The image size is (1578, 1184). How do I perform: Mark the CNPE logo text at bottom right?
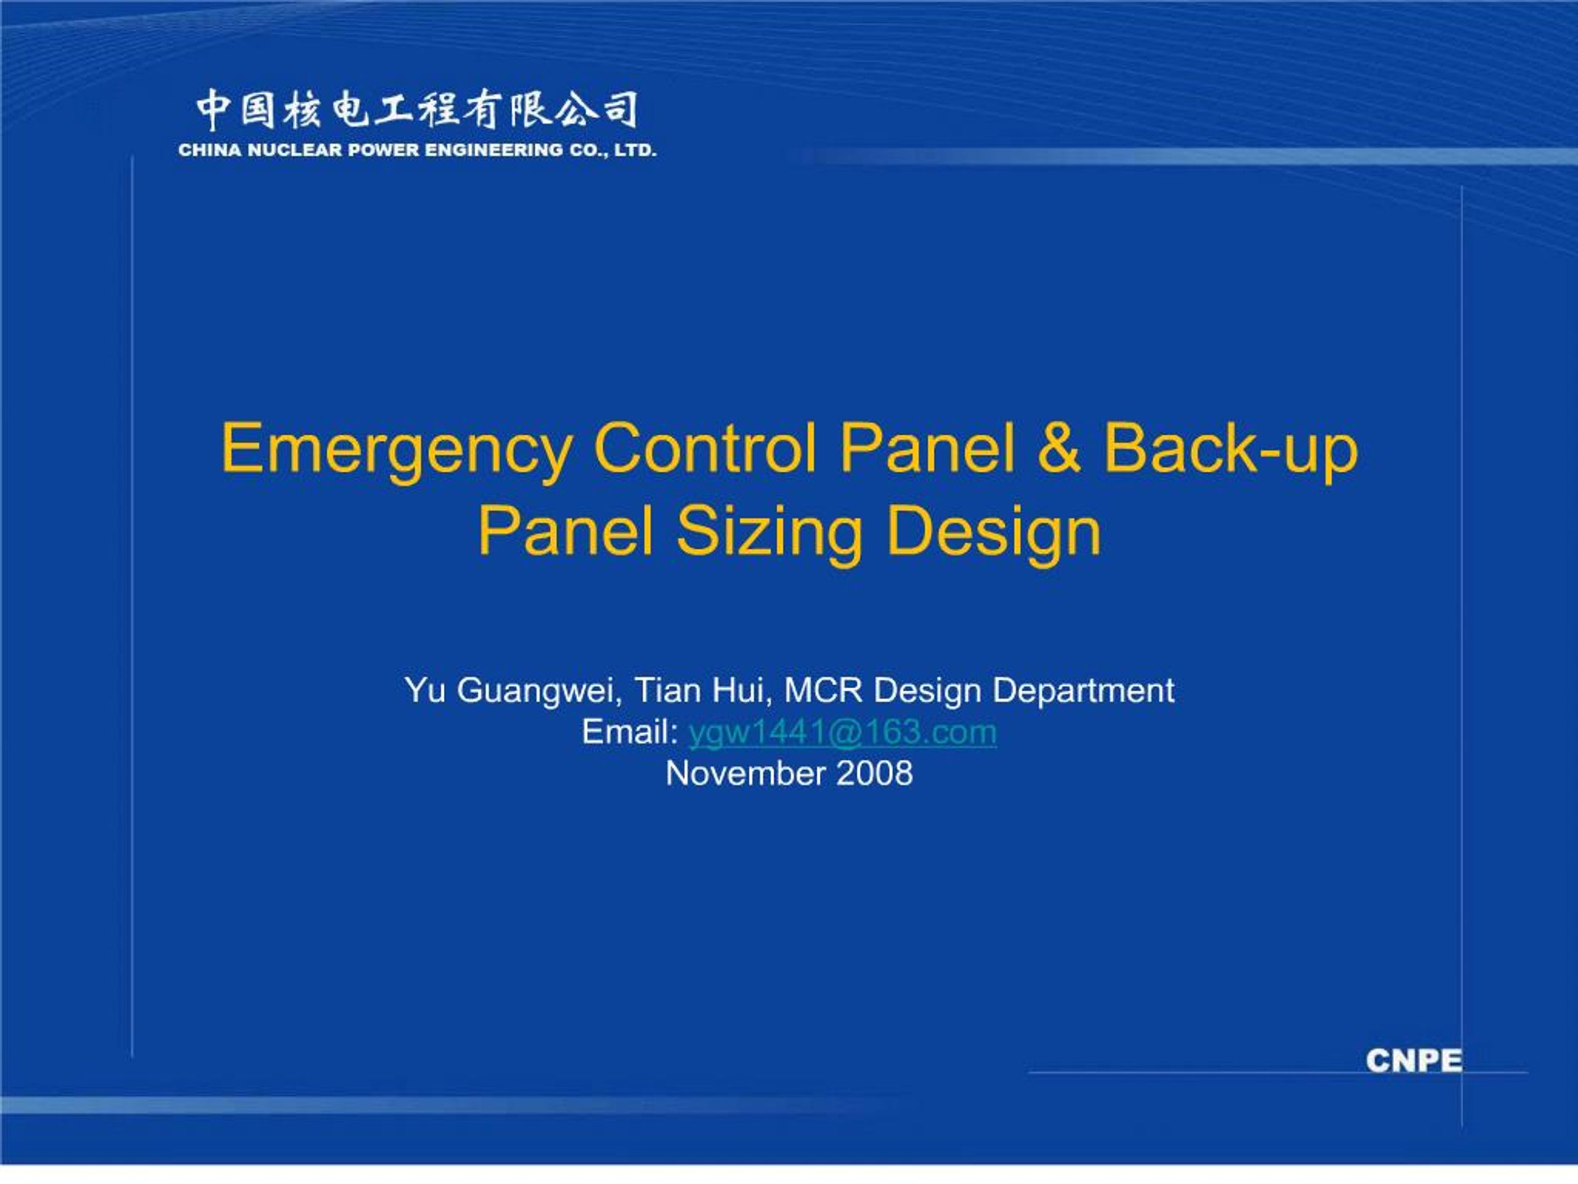(x=1415, y=1061)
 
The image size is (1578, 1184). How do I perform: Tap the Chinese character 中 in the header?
(x=214, y=110)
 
